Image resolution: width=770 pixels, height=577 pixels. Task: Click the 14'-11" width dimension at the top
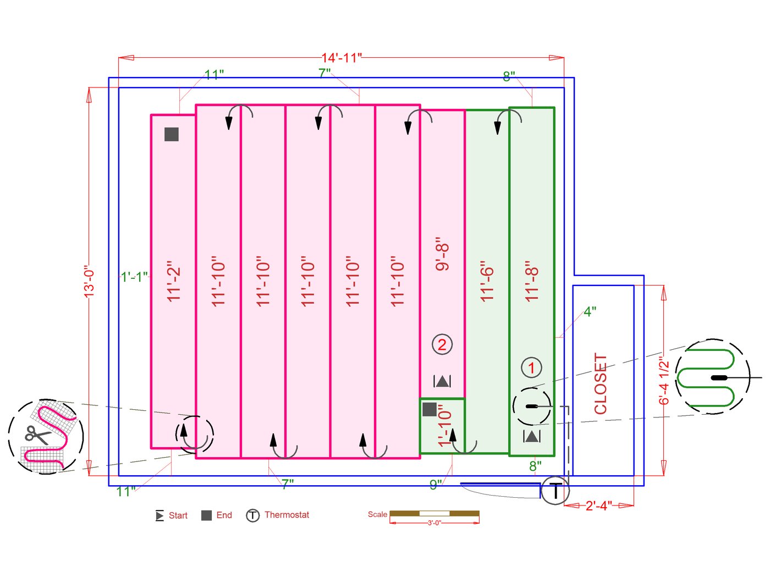click(341, 58)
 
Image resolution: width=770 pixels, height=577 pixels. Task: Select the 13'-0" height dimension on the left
click(89, 282)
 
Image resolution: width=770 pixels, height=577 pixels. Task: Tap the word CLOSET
click(600, 383)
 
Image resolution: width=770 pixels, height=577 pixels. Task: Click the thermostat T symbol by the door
click(555, 491)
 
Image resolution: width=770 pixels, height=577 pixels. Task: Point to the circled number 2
click(442, 345)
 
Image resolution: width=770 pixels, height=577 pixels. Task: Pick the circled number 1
click(531, 367)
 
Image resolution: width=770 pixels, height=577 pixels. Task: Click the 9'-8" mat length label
click(442, 254)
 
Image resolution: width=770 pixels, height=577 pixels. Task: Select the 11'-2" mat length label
click(174, 281)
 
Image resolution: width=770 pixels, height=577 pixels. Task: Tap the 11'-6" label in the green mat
click(487, 281)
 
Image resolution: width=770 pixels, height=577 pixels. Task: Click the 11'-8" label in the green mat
click(531, 281)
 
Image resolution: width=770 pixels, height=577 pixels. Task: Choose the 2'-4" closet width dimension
click(598, 505)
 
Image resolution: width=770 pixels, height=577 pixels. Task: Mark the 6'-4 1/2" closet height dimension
click(664, 380)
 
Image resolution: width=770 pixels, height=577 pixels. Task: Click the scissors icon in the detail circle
click(36, 436)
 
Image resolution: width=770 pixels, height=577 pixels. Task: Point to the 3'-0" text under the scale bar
click(434, 523)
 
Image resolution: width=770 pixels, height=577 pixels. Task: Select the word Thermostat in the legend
click(287, 515)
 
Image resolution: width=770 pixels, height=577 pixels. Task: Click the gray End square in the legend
click(206, 515)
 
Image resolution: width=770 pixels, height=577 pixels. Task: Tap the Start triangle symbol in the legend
click(159, 516)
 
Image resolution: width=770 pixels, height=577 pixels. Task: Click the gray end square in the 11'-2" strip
click(172, 134)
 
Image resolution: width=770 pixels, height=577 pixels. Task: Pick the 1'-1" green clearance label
click(134, 277)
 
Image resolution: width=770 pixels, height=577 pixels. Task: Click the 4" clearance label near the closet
click(590, 312)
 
